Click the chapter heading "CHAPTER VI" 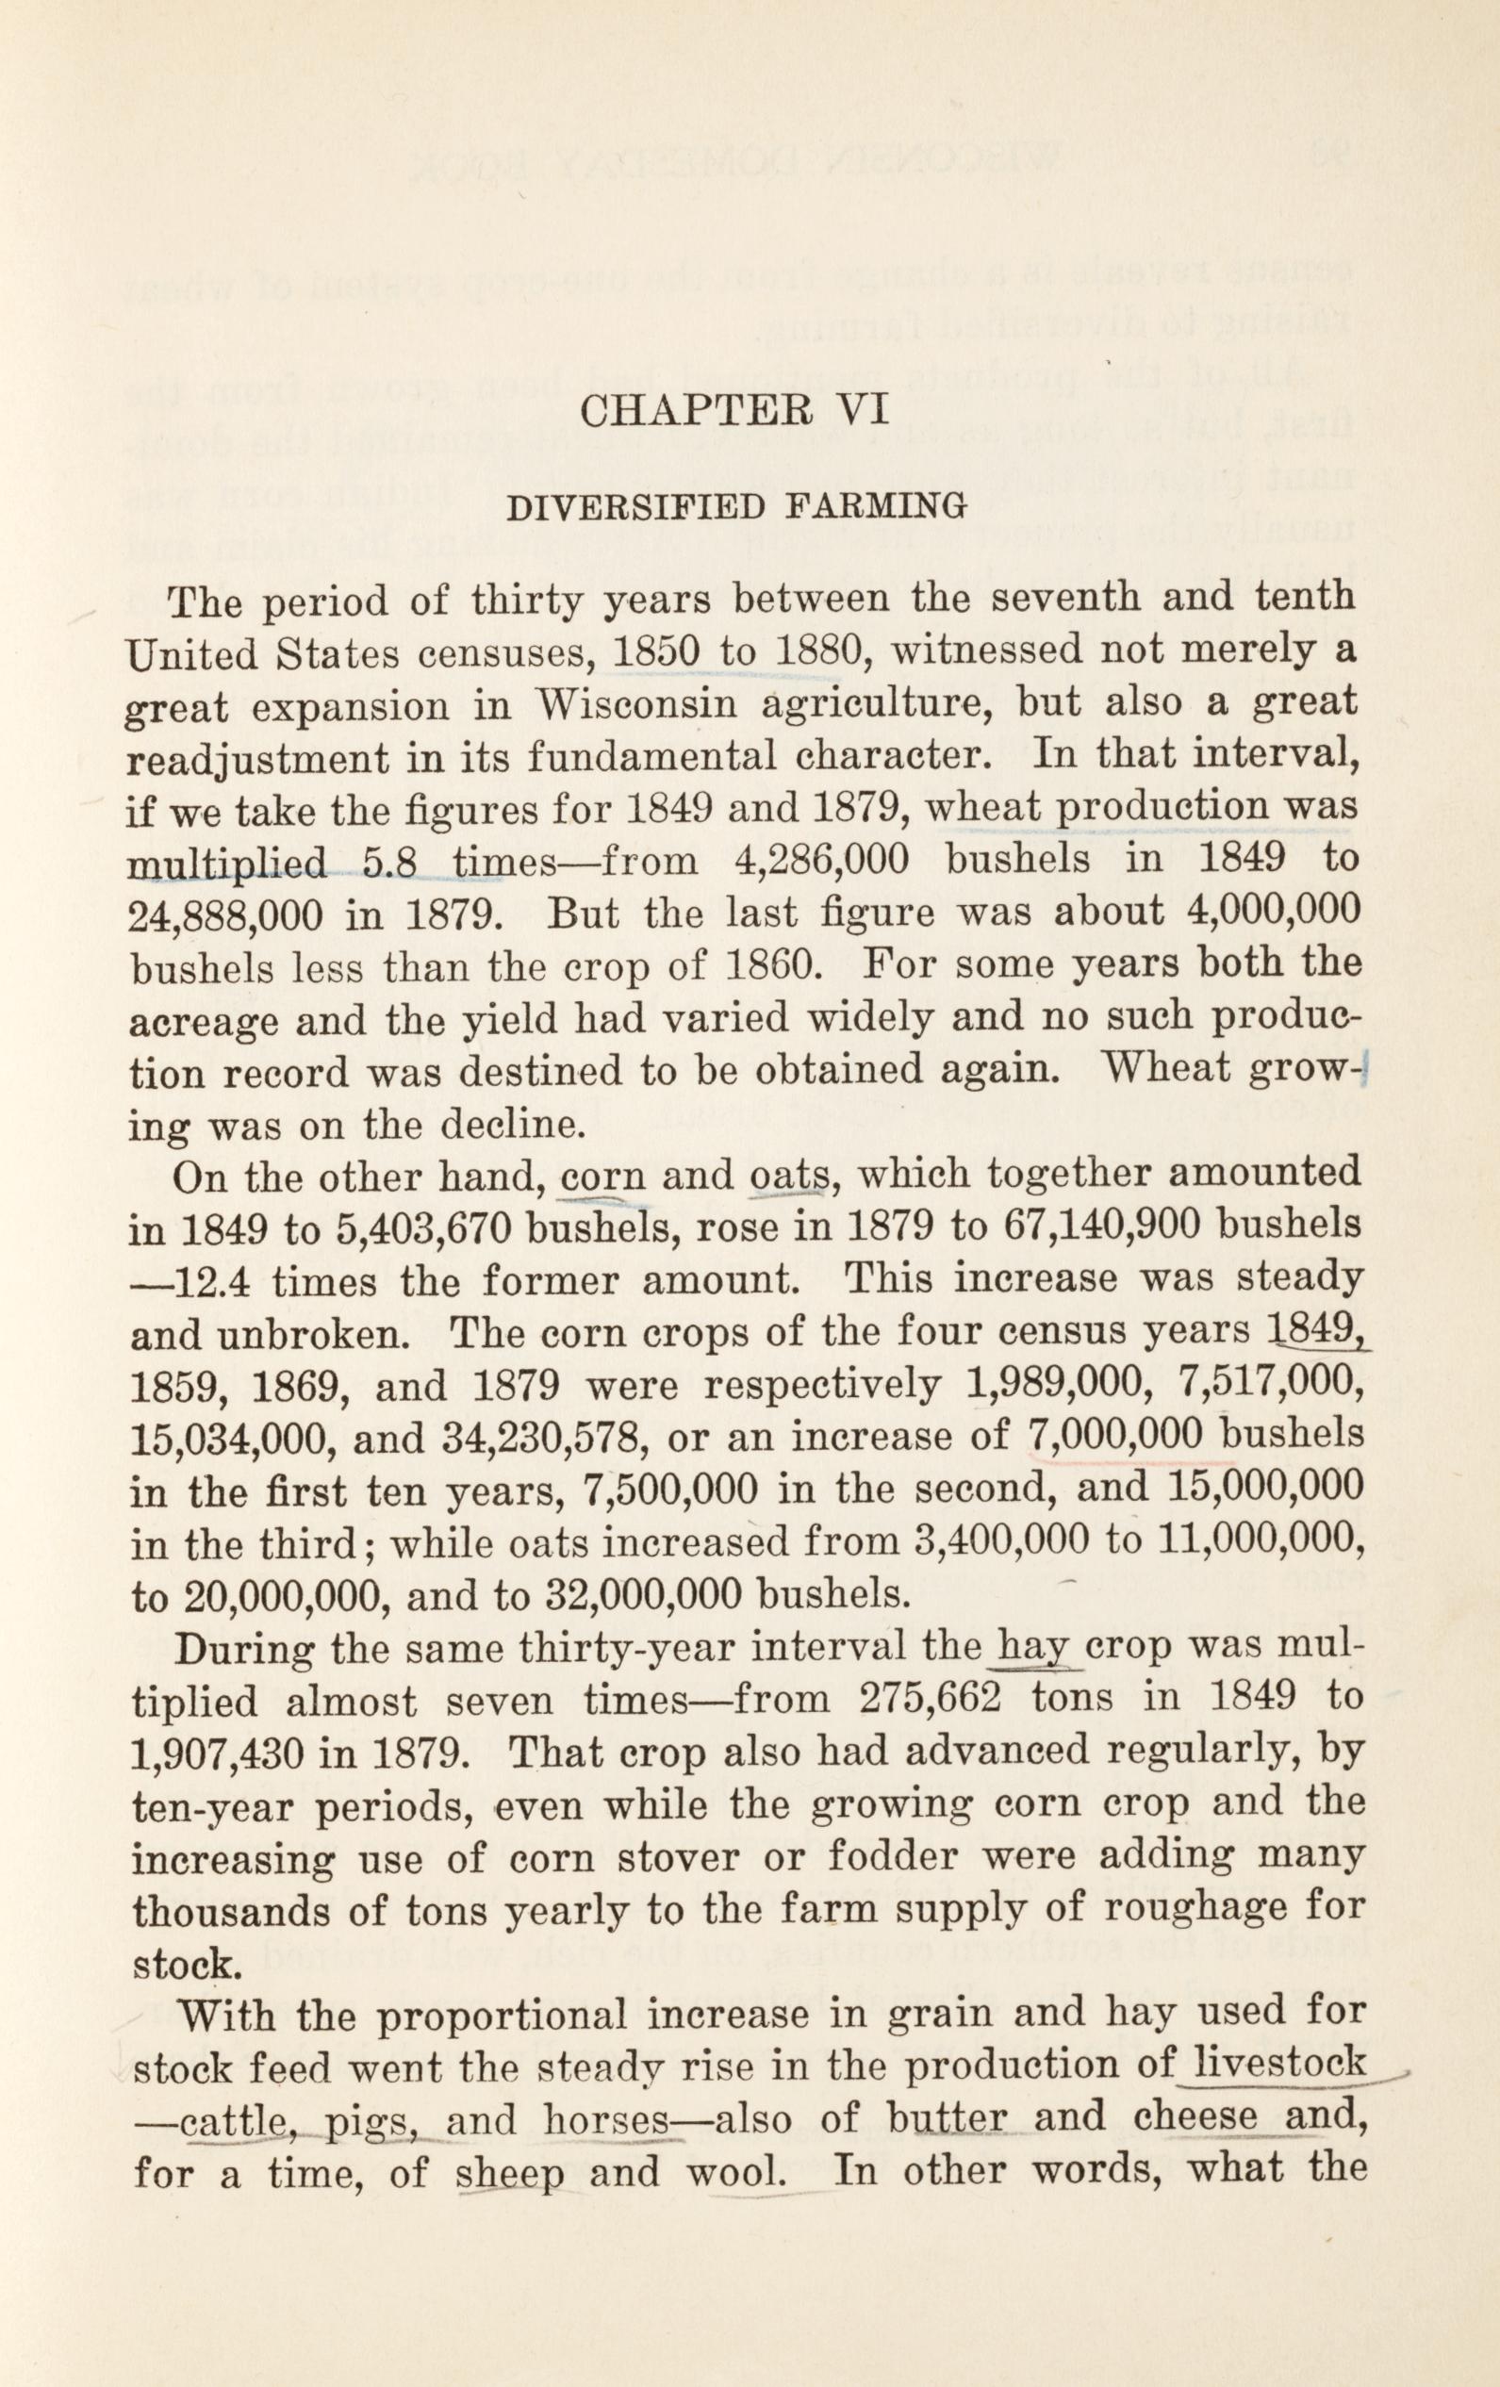tap(736, 409)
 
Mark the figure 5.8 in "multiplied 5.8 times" tap(388, 860)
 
